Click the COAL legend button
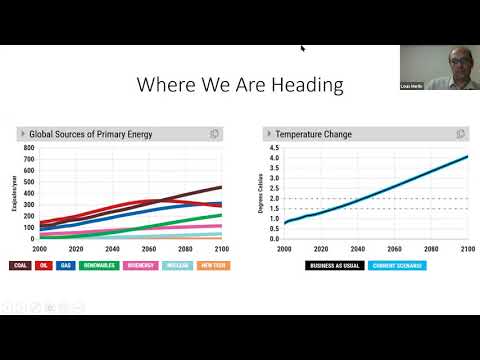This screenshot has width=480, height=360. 21,266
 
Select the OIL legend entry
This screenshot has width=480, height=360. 44,266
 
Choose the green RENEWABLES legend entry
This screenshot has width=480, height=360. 99,266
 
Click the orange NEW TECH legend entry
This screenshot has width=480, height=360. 211,266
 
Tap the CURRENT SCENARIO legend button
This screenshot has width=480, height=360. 395,266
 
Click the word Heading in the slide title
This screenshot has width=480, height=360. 311,84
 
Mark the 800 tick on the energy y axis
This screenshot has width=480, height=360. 29,148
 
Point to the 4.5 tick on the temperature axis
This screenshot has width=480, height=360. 273,148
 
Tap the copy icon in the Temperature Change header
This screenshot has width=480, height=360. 460,133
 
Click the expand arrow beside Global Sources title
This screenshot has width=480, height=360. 22,133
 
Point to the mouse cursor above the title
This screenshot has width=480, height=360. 303,47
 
